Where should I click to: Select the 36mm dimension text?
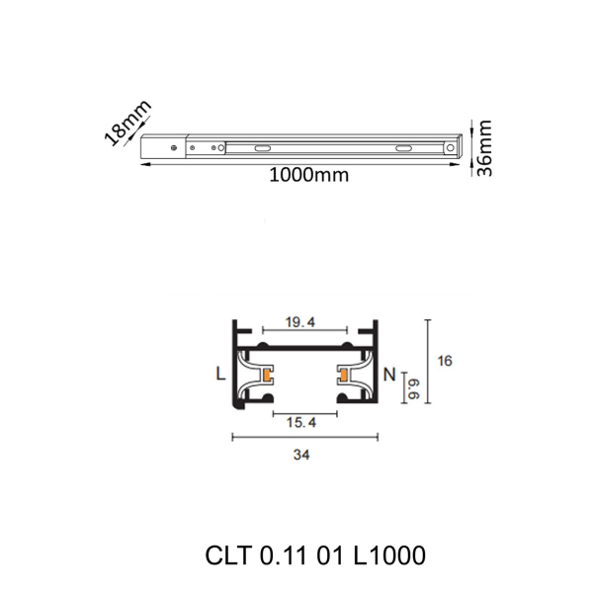pos(483,147)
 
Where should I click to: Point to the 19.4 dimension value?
pos(300,323)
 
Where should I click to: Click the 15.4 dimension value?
pos(299,423)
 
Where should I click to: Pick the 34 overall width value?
pos(303,455)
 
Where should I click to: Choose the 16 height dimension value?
pos(445,362)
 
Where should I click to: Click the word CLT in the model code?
pos(229,555)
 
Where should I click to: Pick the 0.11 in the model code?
pos(286,555)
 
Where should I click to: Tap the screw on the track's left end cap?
pos(175,149)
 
